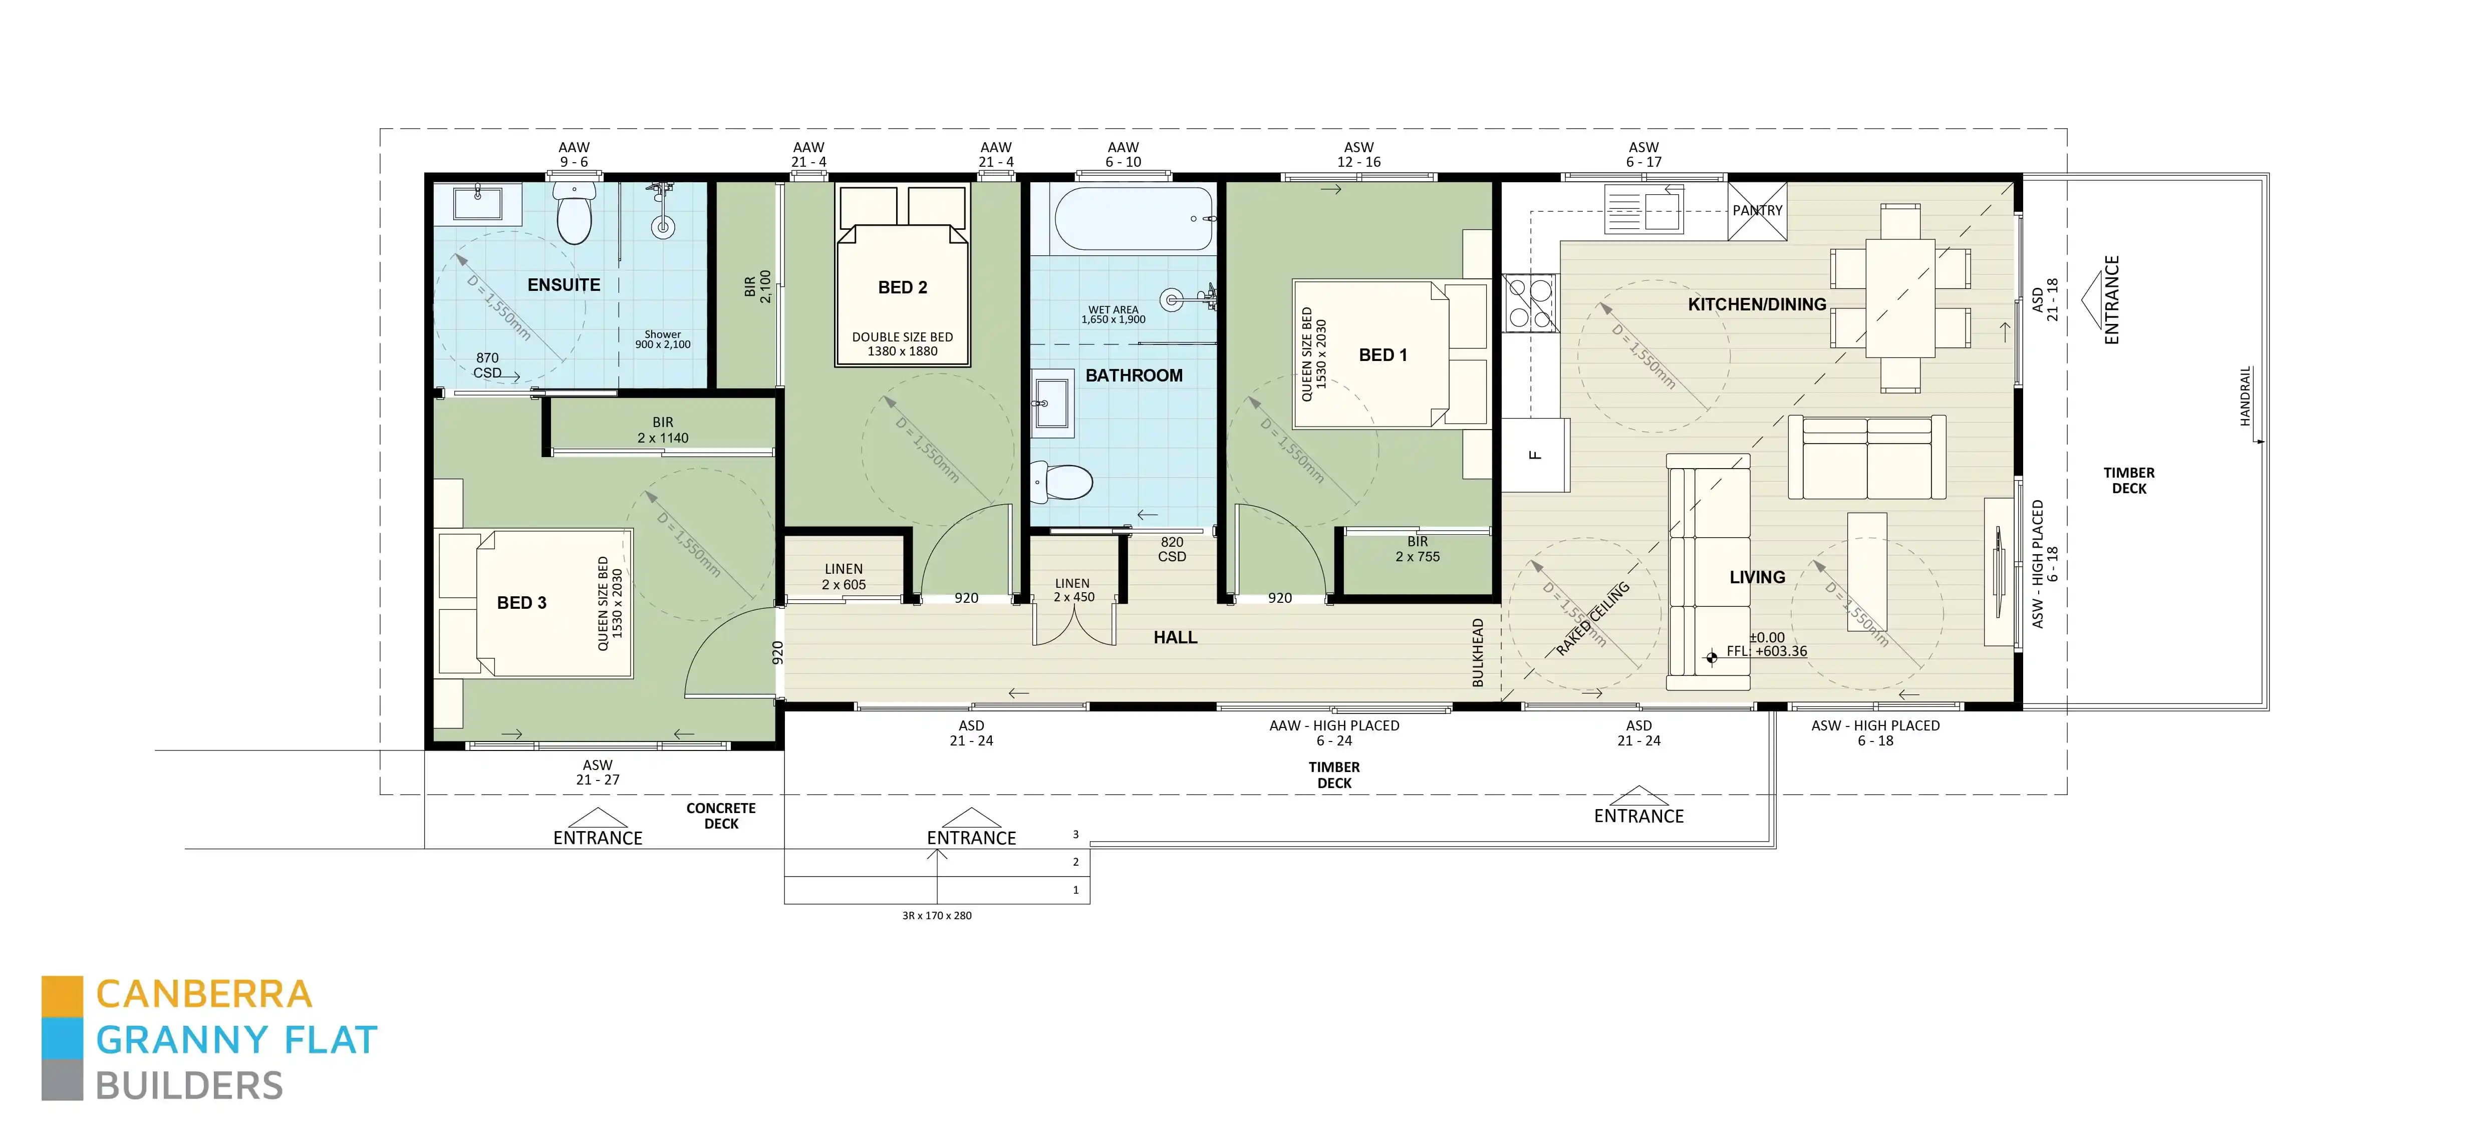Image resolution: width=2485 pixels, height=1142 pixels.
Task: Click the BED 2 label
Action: pos(902,287)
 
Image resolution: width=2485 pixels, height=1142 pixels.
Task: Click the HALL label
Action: pos(1175,637)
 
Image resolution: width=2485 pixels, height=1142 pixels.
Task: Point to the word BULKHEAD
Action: pos(1478,653)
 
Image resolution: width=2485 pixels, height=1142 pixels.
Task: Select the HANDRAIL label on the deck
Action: pos(2245,396)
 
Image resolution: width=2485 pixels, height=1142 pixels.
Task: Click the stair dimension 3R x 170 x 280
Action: pos(937,915)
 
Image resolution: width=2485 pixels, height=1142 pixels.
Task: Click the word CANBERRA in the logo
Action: pos(204,993)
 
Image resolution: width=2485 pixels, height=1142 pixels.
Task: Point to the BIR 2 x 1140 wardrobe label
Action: pos(663,430)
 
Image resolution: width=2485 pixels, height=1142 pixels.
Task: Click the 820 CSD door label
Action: pos(1172,549)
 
